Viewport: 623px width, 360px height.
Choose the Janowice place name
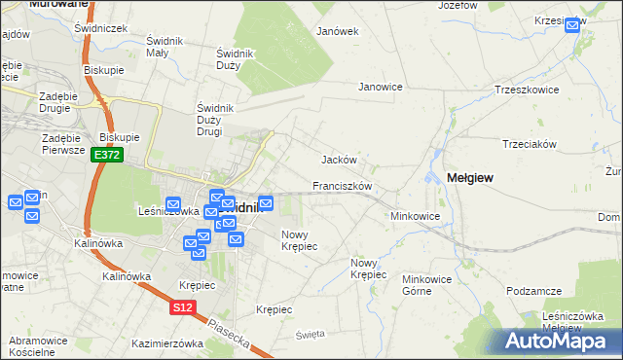(x=381, y=87)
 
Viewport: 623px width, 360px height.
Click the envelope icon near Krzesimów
(x=572, y=26)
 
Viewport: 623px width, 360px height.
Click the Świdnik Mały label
(x=168, y=47)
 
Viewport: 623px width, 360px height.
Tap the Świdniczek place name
(x=101, y=29)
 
